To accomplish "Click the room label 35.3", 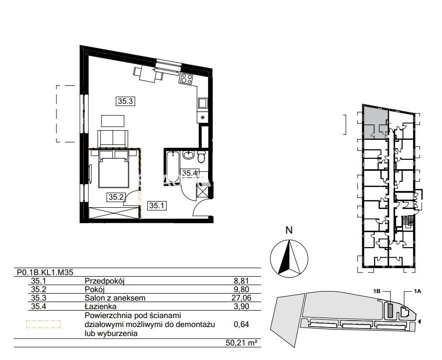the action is pyautogui.click(x=125, y=101).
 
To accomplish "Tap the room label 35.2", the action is pyautogui.click(x=116, y=197).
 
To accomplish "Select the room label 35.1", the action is pyautogui.click(x=157, y=205).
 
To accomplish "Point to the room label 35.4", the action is pyautogui.click(x=189, y=173).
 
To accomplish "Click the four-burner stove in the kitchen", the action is pyautogui.click(x=187, y=78).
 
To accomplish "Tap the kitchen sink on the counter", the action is pyautogui.click(x=203, y=103).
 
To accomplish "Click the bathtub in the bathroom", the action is pyautogui.click(x=172, y=166).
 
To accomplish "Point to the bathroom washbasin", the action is pyautogui.click(x=188, y=155).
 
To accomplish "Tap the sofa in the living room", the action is pyautogui.click(x=113, y=139).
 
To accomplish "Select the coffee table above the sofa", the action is pyautogui.click(x=113, y=121).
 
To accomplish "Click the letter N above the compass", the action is pyautogui.click(x=289, y=230).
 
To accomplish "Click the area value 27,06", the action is pyautogui.click(x=242, y=298).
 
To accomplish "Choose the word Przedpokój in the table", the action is pyautogui.click(x=105, y=281).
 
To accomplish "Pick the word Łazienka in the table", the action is pyautogui.click(x=100, y=306).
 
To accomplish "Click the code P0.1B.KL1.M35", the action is pyautogui.click(x=45, y=272).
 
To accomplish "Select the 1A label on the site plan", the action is pyautogui.click(x=417, y=292).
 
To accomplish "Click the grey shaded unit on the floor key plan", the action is pyautogui.click(x=374, y=121).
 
